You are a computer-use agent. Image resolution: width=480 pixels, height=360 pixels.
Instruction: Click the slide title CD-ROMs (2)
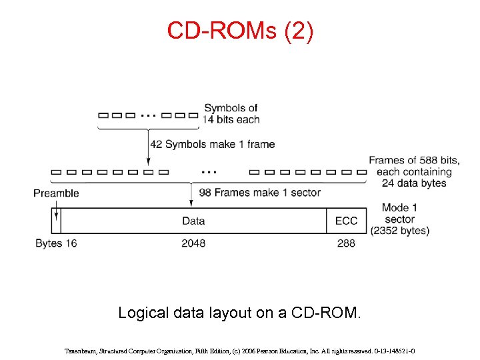coord(240,31)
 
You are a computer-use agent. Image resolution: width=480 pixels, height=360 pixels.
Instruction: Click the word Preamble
coord(56,193)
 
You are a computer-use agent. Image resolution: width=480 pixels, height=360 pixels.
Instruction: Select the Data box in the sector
coord(193,221)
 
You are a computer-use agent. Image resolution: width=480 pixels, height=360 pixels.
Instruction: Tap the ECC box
coord(346,221)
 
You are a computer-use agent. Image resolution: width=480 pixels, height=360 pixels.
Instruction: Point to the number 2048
coord(193,243)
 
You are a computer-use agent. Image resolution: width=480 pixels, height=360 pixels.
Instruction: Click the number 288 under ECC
coord(346,243)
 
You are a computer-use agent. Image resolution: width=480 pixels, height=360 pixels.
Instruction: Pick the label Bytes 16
coord(56,243)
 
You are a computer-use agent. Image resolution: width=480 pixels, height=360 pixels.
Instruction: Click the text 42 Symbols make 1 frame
coord(212,144)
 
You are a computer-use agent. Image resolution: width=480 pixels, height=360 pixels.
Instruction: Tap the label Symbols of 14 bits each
coord(231,113)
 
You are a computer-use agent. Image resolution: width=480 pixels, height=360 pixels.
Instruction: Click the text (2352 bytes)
coord(400,231)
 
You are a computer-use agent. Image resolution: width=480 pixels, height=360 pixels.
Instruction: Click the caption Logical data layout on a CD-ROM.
coord(240,313)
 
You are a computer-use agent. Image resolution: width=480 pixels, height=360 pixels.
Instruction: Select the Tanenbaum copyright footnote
coord(240,349)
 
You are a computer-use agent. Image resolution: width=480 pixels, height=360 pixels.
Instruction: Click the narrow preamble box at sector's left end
coord(56,221)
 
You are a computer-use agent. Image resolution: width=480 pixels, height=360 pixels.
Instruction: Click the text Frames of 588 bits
coord(414,160)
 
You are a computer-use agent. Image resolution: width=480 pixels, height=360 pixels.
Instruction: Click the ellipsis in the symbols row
coord(148,115)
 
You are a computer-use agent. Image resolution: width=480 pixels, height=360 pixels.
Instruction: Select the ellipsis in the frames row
coord(208,171)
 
